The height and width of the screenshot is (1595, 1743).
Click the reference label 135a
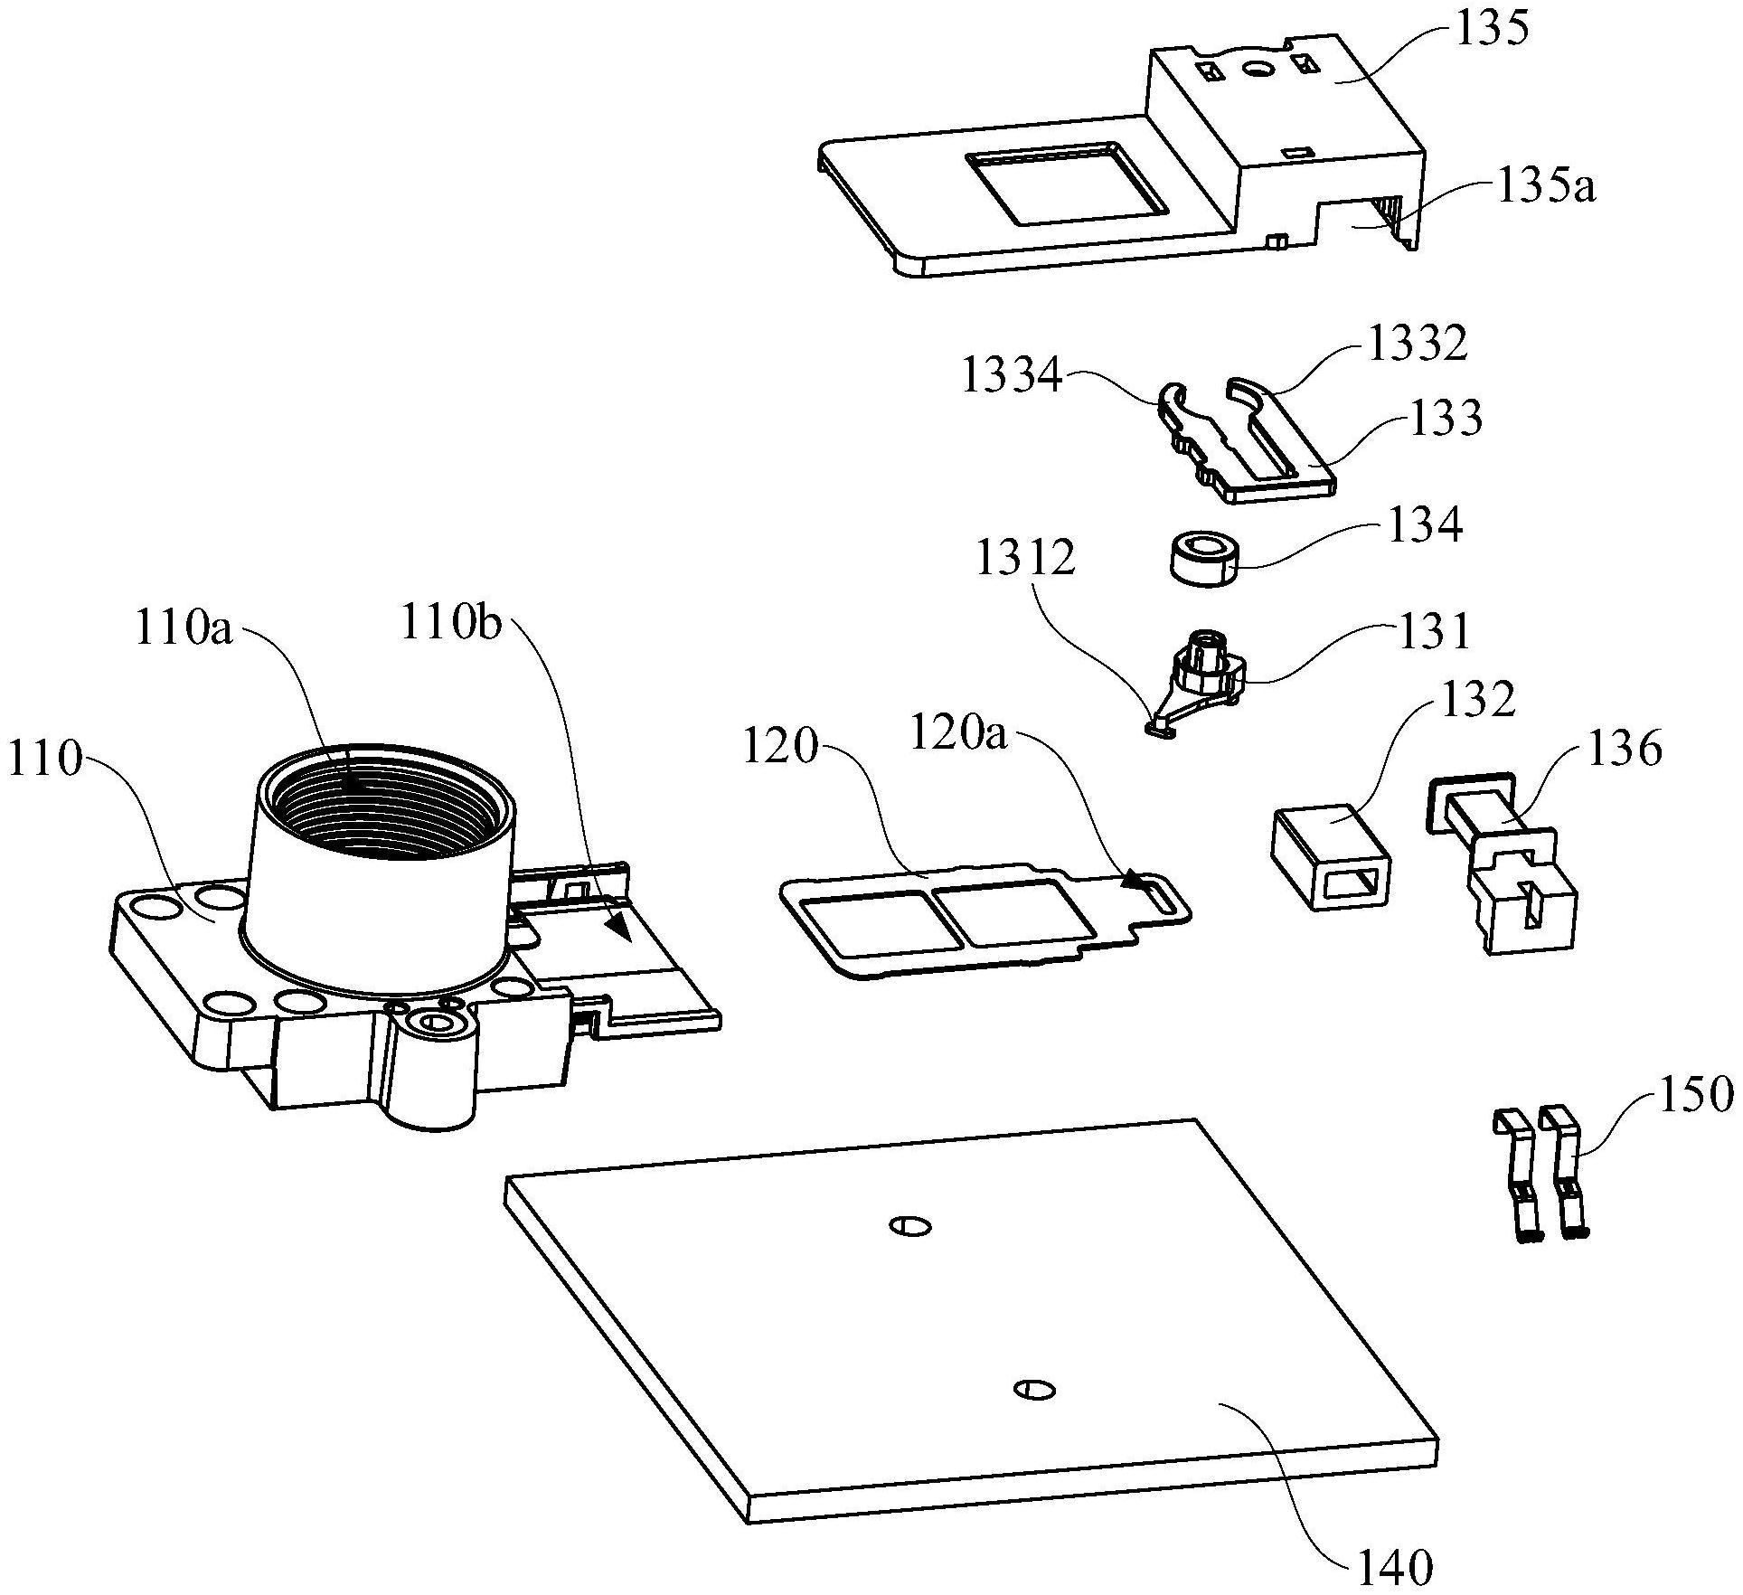coord(1546,189)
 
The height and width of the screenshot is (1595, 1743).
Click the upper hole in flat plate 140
coord(909,1226)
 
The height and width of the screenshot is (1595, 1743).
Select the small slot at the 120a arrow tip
coord(1162,896)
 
